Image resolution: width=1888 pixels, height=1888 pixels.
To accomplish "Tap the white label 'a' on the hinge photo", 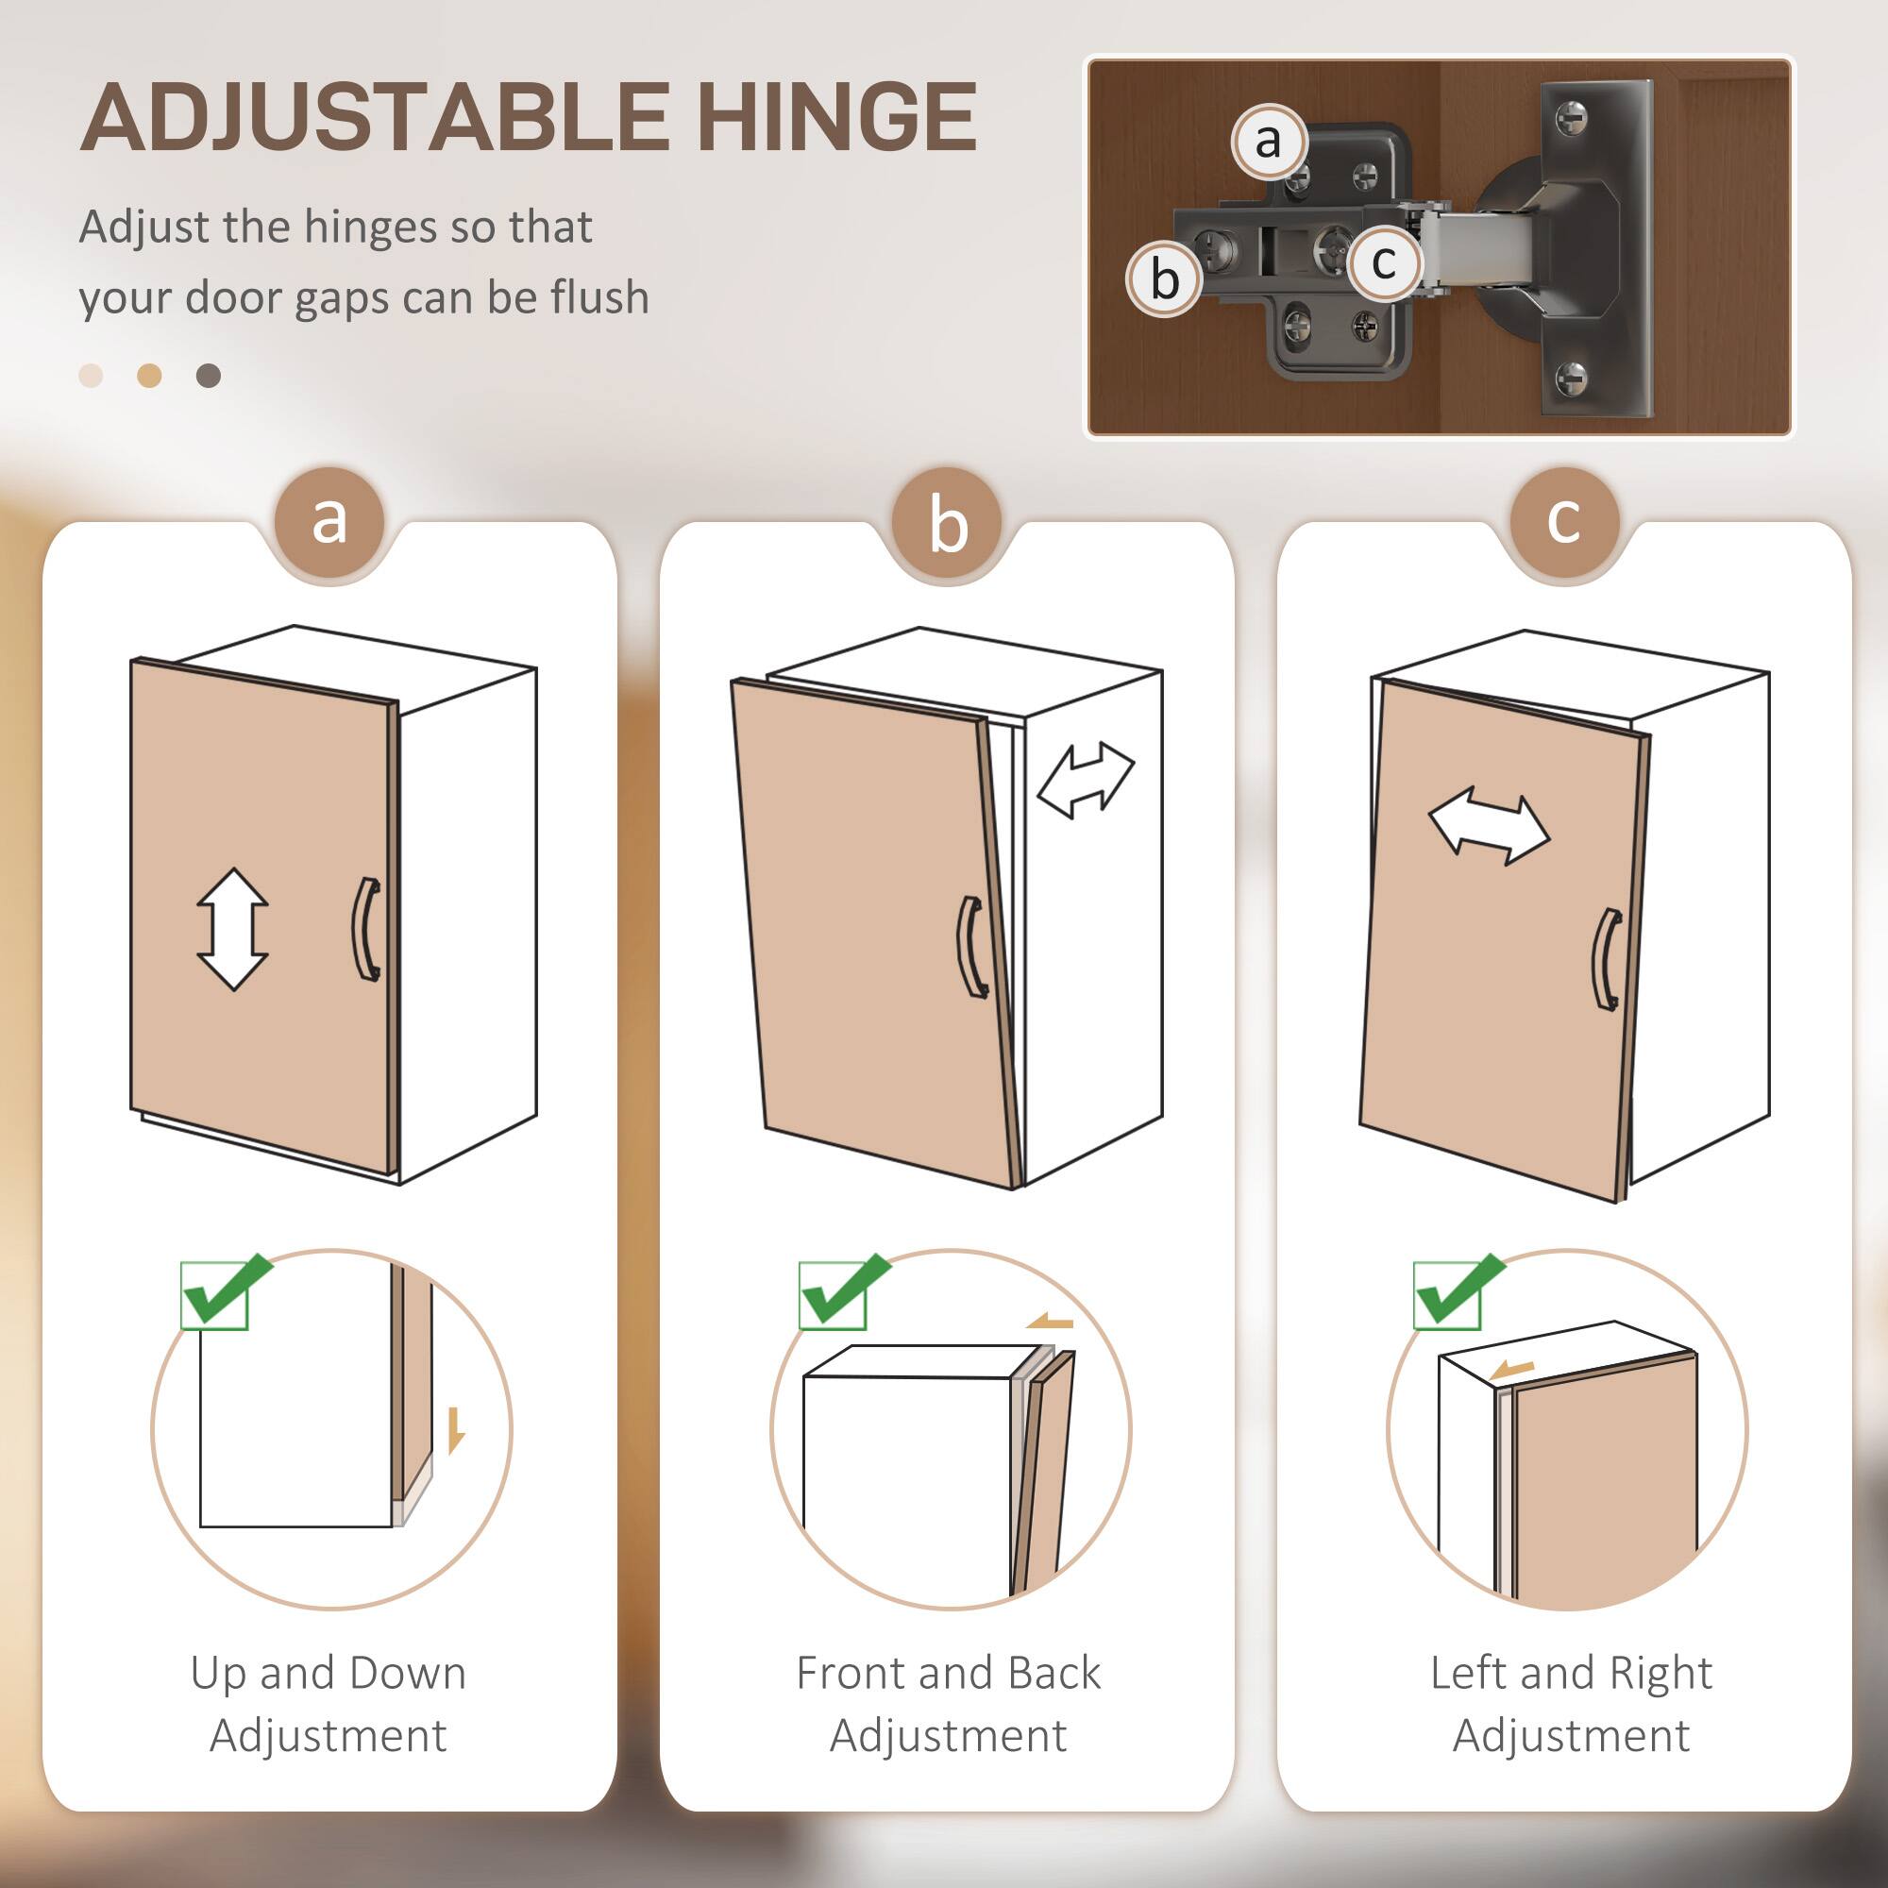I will [x=1268, y=142].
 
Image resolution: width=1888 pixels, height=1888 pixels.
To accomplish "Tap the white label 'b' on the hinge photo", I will [x=1163, y=279].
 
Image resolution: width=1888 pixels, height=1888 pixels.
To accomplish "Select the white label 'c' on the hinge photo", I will [x=1384, y=261].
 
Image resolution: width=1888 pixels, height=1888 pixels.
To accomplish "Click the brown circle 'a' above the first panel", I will [x=330, y=521].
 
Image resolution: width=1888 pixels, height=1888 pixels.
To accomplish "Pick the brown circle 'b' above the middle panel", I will [x=947, y=523].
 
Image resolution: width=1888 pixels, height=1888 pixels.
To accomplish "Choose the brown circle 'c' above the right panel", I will [x=1563, y=521].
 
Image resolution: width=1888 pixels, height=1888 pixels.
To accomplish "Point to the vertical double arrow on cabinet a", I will [x=232, y=929].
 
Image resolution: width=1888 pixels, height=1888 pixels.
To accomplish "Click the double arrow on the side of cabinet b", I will [x=1085, y=780].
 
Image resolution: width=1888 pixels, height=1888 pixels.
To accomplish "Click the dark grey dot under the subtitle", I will [x=208, y=376].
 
